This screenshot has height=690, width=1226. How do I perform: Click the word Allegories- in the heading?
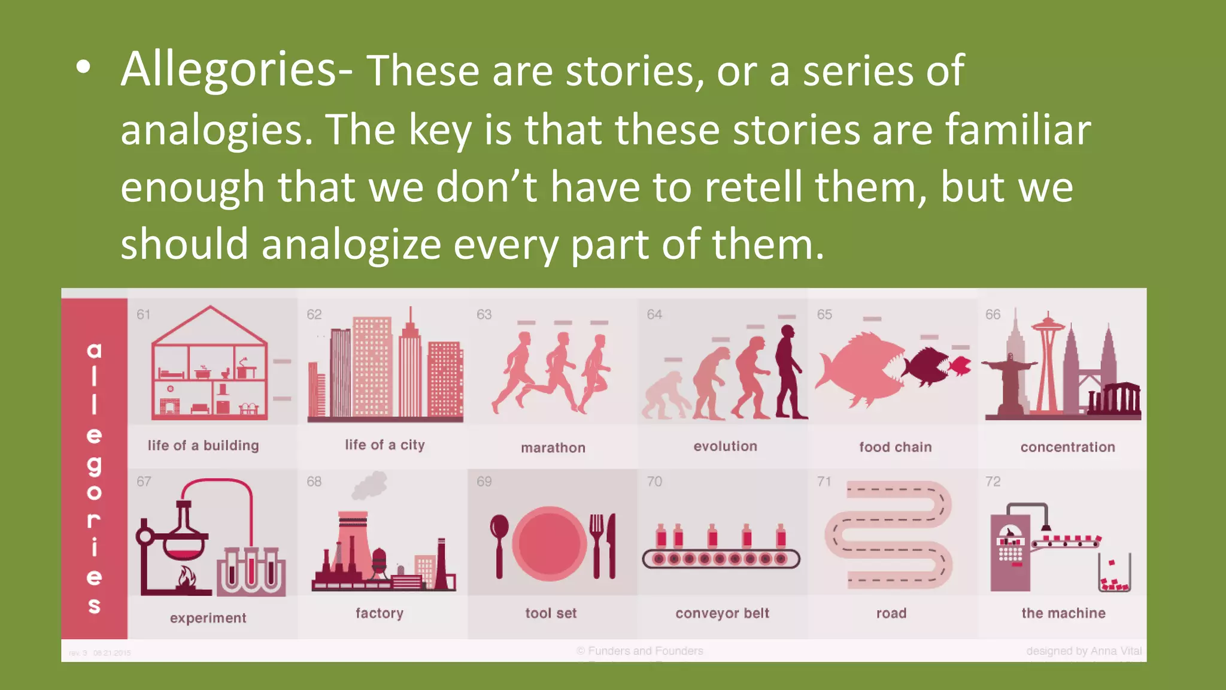(236, 71)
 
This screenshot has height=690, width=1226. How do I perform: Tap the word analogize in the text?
(350, 245)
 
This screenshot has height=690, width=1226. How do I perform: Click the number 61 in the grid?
(144, 314)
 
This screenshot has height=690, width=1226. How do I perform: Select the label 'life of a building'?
(204, 446)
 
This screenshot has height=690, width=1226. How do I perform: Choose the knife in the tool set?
(611, 545)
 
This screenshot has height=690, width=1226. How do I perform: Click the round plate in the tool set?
(549, 544)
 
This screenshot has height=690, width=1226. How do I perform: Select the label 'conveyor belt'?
(723, 613)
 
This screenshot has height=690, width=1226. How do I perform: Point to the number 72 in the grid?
(993, 482)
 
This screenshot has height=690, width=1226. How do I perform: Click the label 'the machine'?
(1064, 613)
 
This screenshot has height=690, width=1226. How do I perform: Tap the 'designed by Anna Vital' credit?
(1084, 651)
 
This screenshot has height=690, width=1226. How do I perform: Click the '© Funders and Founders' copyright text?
(640, 651)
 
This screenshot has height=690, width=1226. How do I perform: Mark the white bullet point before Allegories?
(84, 68)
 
